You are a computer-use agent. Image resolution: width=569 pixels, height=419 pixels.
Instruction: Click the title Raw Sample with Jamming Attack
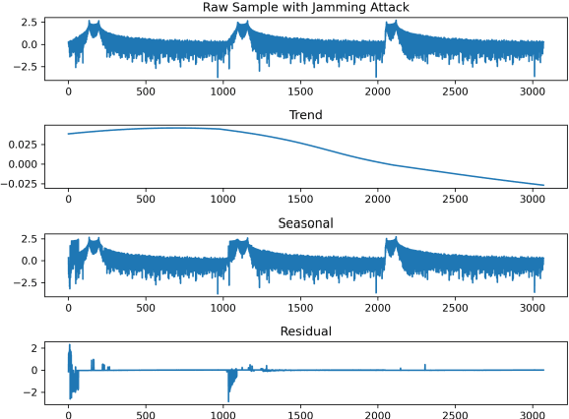(305, 8)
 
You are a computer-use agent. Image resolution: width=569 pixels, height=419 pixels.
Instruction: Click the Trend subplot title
(305, 115)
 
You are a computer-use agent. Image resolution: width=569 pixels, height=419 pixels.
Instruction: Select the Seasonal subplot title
(305, 223)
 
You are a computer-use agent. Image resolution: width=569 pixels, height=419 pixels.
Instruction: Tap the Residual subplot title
(305, 331)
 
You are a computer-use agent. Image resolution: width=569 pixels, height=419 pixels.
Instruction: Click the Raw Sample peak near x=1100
(239, 25)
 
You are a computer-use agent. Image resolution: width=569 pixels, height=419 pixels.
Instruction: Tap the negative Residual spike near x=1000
(228, 398)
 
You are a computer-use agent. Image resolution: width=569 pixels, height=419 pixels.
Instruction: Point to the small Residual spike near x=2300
(425, 365)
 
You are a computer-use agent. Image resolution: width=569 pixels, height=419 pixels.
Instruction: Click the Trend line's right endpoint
(543, 185)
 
